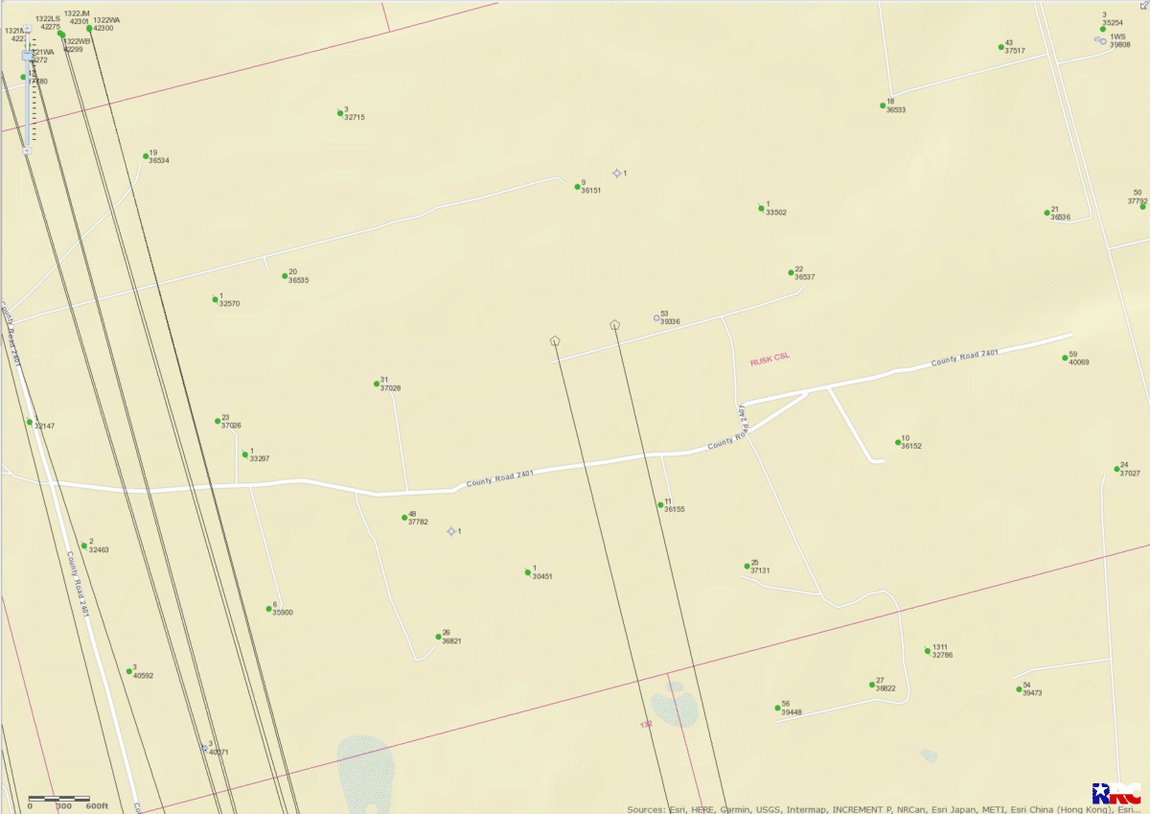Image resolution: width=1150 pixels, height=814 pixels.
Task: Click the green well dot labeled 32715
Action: pyautogui.click(x=340, y=113)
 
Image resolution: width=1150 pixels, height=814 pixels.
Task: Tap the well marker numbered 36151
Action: pyautogui.click(x=577, y=186)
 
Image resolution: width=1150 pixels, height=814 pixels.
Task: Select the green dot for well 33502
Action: pyautogui.click(x=762, y=207)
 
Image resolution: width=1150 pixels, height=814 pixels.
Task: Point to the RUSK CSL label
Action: pyautogui.click(x=770, y=359)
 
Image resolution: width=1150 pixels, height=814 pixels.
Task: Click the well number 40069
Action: pyautogui.click(x=1079, y=362)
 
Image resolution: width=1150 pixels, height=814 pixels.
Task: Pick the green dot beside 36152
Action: pyautogui.click(x=898, y=443)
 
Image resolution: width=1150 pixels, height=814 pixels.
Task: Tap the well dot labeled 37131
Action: pyautogui.click(x=747, y=567)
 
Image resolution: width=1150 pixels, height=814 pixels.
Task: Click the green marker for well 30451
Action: pyautogui.click(x=528, y=573)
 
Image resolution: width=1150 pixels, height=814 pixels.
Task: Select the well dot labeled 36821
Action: pyautogui.click(x=438, y=637)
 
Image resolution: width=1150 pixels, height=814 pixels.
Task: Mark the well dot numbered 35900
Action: pyautogui.click(x=269, y=608)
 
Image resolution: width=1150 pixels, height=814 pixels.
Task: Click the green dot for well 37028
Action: pyautogui.click(x=377, y=384)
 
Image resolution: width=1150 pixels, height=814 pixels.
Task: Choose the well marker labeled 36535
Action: pyautogui.click(x=285, y=276)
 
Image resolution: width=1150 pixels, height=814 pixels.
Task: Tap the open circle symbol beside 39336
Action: pyautogui.click(x=657, y=318)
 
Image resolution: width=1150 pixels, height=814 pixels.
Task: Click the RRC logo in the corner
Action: pyautogui.click(x=1116, y=794)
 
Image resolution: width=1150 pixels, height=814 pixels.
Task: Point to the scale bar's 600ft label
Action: pyautogui.click(x=97, y=806)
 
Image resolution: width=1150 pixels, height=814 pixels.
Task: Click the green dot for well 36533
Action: pyautogui.click(x=883, y=105)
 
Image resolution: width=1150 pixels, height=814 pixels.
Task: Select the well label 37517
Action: pyautogui.click(x=1015, y=51)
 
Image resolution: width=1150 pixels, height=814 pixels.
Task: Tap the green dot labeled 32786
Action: pyautogui.click(x=928, y=651)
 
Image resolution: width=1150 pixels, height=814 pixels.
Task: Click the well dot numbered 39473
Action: pyautogui.click(x=1020, y=689)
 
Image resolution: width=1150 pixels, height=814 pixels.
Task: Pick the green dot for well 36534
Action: pyautogui.click(x=146, y=155)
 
